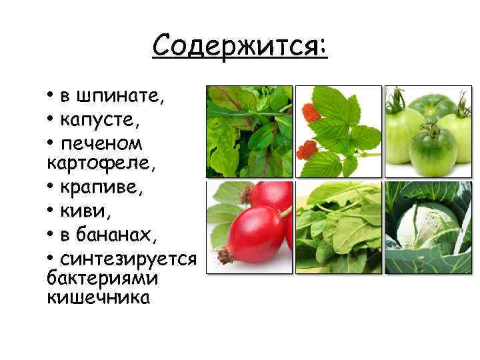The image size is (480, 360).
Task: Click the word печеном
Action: pyautogui.click(x=101, y=144)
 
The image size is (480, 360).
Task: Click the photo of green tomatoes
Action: pyautogui.click(x=429, y=131)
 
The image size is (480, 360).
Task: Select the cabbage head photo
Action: pyautogui.click(x=429, y=227)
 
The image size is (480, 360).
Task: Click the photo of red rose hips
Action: pyautogui.click(x=249, y=227)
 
